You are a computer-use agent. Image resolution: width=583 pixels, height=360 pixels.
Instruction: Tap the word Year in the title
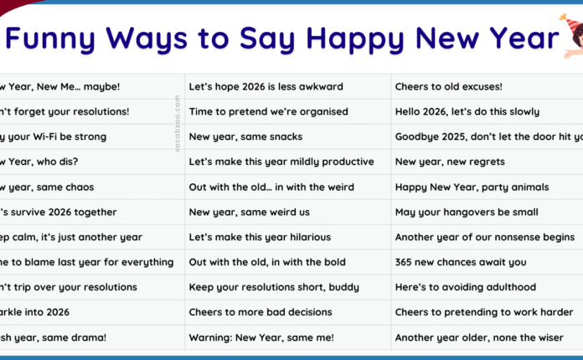coord(517,38)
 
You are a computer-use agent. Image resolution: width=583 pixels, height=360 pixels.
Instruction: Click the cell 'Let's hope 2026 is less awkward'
coord(266,86)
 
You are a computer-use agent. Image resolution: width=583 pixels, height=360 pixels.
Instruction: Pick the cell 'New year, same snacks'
coord(245,136)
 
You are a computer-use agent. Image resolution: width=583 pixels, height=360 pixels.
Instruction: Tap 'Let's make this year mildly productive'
coord(281,162)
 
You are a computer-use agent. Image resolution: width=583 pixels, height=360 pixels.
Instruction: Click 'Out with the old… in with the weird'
coord(271,187)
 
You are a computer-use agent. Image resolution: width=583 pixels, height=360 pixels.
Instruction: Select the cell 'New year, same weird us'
coord(250,212)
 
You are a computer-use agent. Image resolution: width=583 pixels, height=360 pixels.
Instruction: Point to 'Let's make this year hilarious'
coord(260,237)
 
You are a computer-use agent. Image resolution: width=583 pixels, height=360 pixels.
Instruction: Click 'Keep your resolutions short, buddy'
coord(273,287)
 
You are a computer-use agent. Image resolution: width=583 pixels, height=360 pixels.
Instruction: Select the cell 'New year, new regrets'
coord(446,162)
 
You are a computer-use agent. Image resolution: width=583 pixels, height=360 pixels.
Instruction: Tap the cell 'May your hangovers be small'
coord(466,212)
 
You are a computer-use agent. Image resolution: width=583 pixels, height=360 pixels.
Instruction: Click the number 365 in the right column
coord(405,262)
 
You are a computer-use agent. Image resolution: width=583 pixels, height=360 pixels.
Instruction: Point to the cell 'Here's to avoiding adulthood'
coord(464,287)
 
